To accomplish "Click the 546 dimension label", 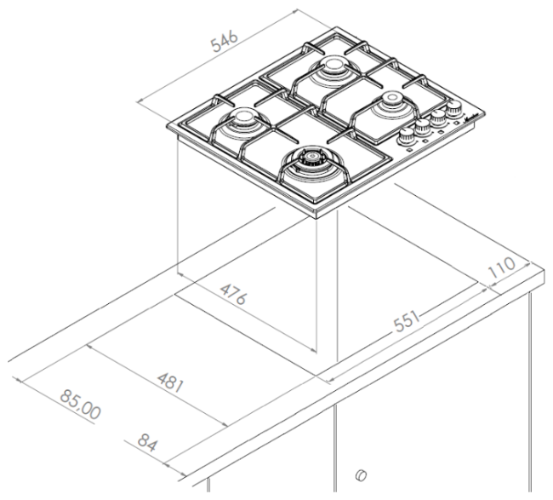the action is (225, 42).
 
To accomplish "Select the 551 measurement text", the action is (407, 322).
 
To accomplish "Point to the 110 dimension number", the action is (501, 267).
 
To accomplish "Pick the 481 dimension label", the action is (170, 382).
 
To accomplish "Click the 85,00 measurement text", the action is (80, 405).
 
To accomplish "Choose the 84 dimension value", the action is (146, 443).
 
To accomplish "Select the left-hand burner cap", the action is (242, 116).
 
